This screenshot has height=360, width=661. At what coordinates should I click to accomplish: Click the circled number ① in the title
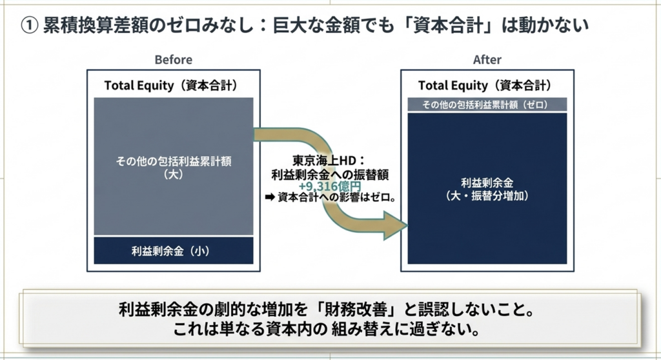tap(29, 26)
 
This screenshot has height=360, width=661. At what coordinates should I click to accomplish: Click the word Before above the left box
tap(173, 60)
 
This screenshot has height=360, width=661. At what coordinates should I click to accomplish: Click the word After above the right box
tap(487, 60)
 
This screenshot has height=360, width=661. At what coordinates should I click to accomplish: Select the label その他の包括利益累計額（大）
tap(174, 167)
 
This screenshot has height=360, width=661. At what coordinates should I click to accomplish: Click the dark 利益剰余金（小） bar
tap(174, 251)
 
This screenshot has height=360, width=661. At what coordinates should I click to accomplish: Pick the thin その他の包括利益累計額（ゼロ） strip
tap(487, 105)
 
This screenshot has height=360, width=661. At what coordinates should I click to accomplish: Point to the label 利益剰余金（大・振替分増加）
tap(487, 189)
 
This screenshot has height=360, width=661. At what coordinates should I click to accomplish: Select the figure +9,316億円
tap(330, 186)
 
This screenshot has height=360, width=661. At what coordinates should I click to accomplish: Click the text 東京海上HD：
tap(329, 161)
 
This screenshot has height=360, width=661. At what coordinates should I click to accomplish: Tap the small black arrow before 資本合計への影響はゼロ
tap(270, 197)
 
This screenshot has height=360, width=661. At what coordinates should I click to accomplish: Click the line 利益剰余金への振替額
tap(330, 175)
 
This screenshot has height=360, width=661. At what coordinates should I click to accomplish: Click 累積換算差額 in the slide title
tap(96, 26)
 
